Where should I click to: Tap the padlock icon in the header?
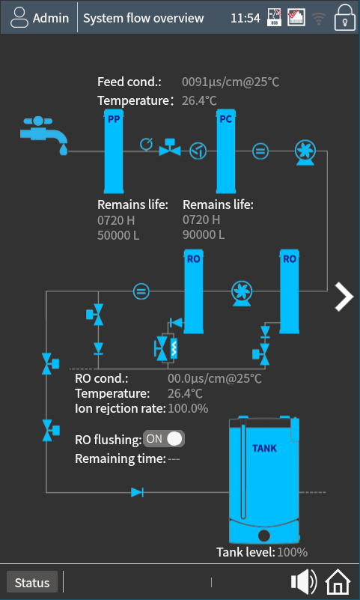[x=345, y=17]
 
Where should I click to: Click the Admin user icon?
[x=19, y=17]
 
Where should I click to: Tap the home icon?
[x=338, y=581]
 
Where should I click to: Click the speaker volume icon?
[x=304, y=581]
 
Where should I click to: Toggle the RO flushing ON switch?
[x=164, y=438]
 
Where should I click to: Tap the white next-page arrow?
[x=344, y=297]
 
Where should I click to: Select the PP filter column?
[x=114, y=151]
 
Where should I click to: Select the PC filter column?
[x=225, y=151]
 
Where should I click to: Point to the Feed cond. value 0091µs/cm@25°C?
[x=231, y=82]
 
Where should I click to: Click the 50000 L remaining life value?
[x=118, y=235]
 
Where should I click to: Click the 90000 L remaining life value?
[x=204, y=234]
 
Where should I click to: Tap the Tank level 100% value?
[x=293, y=552]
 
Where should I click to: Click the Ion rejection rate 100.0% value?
[x=188, y=409]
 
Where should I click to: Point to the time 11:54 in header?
[x=245, y=18]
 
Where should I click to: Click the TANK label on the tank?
[x=264, y=448]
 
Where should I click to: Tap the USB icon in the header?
[x=274, y=17]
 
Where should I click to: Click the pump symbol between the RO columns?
[x=242, y=294]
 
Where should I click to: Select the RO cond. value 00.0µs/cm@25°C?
[x=215, y=379]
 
